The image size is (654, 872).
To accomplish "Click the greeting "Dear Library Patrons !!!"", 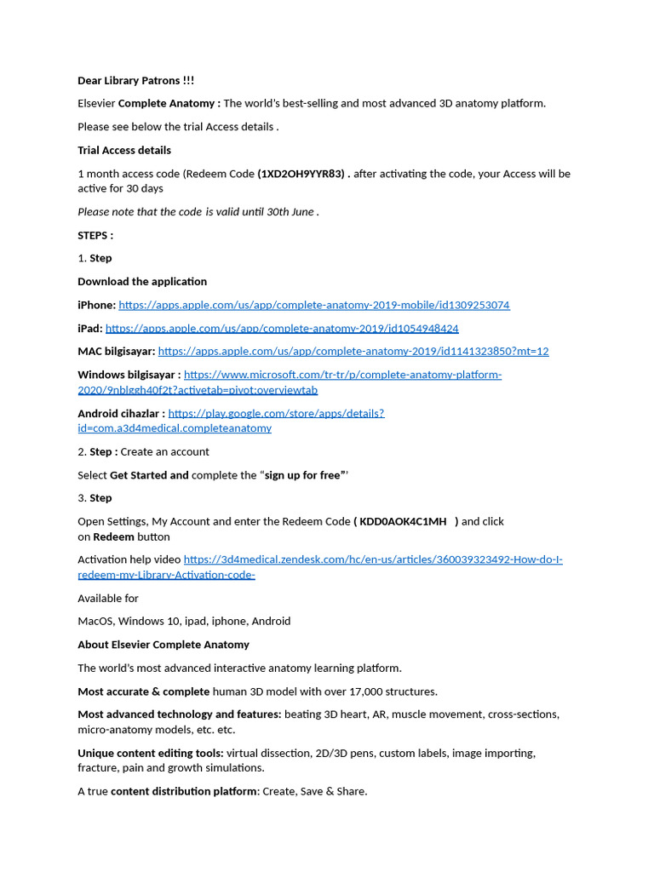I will [135, 81].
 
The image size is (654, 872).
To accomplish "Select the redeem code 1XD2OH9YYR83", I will [302, 174].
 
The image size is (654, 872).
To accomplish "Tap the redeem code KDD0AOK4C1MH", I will [403, 521].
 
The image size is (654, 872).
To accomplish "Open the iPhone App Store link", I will [313, 305].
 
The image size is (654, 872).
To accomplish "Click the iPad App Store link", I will [282, 328].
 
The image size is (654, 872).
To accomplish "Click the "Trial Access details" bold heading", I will [124, 150].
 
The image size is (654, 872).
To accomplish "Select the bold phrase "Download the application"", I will [142, 281].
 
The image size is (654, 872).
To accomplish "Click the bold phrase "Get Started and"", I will [149, 475].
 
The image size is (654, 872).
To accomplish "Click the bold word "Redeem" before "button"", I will [113, 536].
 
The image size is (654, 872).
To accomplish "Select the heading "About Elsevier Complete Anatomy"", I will [163, 645].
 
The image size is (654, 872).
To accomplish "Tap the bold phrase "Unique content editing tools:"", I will [151, 753].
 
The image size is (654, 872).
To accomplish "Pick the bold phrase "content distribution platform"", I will [183, 791].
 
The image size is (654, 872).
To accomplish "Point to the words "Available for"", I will [107, 598].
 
